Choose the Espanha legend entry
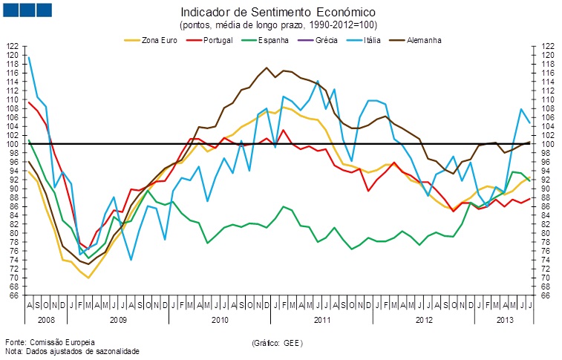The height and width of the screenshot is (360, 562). point(272,39)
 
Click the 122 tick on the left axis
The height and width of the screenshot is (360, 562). point(12,46)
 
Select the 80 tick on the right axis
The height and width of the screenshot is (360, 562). point(546,233)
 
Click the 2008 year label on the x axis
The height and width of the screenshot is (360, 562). point(45,321)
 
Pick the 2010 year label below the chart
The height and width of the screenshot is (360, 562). point(219,321)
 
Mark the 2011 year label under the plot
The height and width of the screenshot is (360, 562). point(322,321)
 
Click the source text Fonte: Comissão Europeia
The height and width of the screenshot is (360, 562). point(51,341)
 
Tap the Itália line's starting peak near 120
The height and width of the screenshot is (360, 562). point(28,56)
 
